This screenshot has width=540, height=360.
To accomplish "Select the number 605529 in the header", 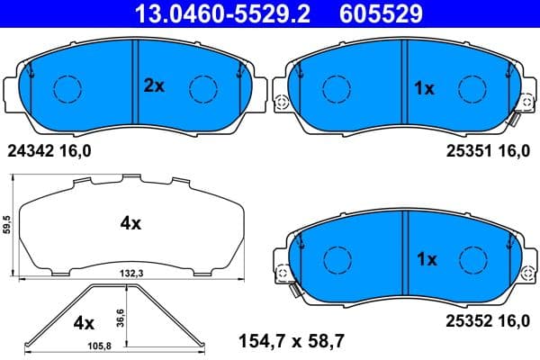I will tap(377, 13).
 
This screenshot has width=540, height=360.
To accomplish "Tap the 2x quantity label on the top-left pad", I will tap(155, 87).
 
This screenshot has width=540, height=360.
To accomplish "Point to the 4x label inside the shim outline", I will tap(130, 223).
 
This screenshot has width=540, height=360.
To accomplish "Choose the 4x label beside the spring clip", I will tap(83, 321).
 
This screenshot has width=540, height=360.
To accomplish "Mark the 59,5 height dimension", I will tap(7, 225).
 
